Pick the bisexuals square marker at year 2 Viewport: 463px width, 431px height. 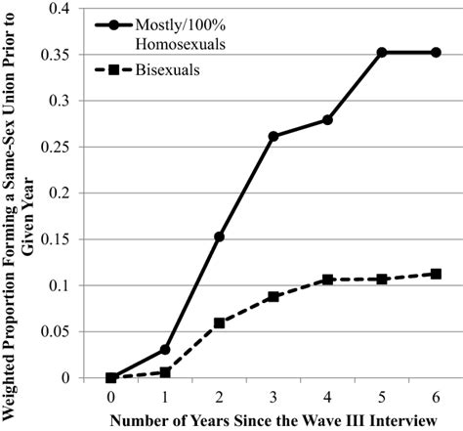click(x=219, y=323)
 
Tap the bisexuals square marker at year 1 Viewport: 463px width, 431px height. click(x=165, y=372)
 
